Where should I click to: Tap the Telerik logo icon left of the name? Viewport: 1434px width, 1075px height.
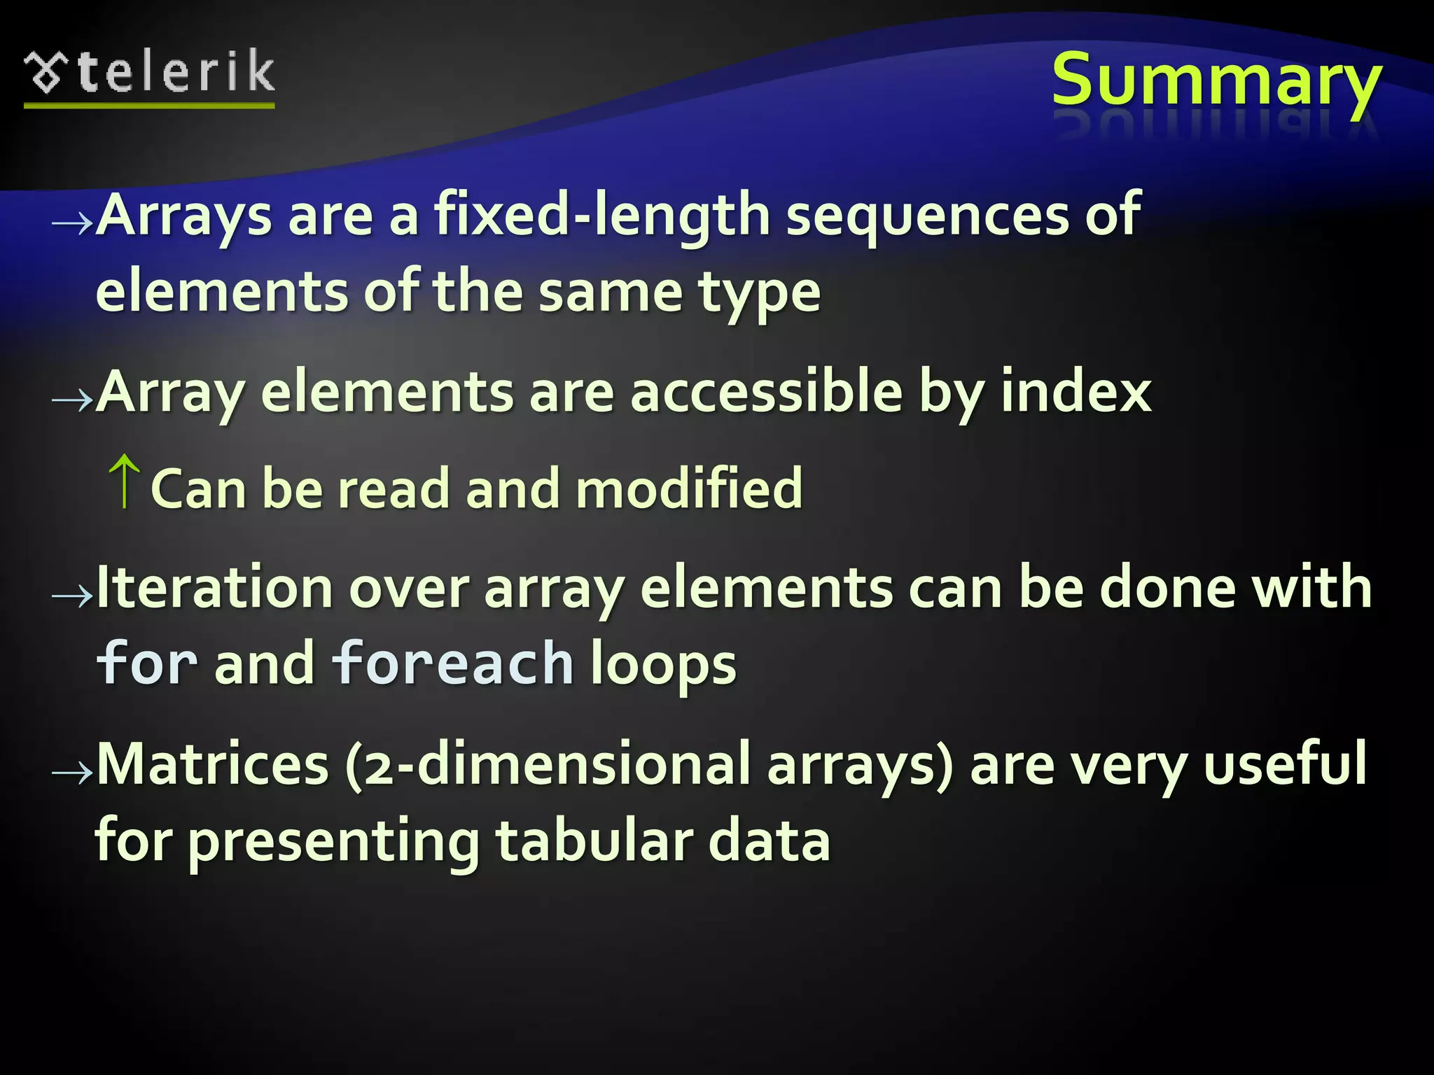(x=46, y=73)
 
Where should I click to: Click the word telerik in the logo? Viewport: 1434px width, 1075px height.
(x=176, y=72)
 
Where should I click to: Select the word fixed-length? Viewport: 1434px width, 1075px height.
(x=602, y=216)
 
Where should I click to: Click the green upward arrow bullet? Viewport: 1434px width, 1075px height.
(x=125, y=481)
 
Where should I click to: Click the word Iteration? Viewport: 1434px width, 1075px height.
(x=214, y=588)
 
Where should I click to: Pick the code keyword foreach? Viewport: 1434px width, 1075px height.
(x=452, y=663)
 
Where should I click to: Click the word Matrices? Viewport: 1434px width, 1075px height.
(x=213, y=764)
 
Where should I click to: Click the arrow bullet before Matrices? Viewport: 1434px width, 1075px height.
(x=72, y=773)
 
